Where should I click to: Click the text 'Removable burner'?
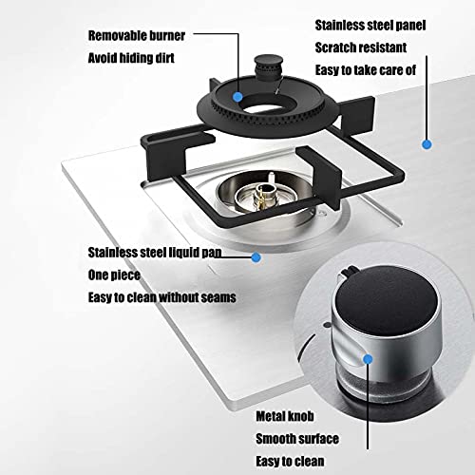point(137,36)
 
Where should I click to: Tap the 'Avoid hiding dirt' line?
point(131,58)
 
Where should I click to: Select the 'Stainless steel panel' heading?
point(370,26)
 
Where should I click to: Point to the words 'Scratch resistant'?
point(361,47)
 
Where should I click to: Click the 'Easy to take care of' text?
point(366,70)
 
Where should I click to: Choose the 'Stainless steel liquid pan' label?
point(155,253)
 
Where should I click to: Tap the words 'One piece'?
point(114,275)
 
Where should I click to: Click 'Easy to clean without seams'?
point(161,297)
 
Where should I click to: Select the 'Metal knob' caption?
point(285,416)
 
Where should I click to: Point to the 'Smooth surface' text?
point(297,439)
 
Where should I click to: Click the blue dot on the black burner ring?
point(237,97)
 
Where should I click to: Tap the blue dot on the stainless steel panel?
point(427,144)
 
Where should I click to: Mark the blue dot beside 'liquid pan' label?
point(256,257)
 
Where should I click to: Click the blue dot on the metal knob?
point(368,359)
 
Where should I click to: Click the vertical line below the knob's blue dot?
point(368,407)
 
